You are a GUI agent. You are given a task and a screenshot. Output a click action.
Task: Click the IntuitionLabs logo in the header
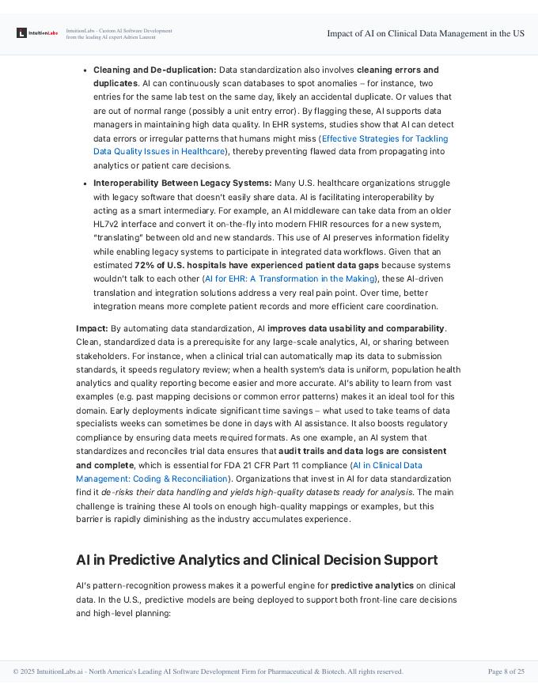tap(37, 33)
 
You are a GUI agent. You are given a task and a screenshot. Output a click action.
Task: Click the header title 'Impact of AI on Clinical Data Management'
tap(425, 33)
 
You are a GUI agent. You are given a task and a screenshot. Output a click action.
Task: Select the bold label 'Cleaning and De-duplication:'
tap(155, 70)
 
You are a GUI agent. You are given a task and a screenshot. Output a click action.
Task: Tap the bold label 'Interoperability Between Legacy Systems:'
tap(182, 183)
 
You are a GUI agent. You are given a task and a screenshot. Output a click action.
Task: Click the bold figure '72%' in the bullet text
tap(144, 265)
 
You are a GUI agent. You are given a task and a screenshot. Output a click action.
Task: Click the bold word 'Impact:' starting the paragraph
tap(92, 328)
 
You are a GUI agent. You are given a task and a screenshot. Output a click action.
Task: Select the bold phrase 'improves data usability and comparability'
tap(356, 328)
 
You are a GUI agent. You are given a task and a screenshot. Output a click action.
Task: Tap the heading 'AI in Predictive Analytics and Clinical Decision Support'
tap(256, 560)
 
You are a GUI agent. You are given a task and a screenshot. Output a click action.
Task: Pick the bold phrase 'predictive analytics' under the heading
tap(372, 585)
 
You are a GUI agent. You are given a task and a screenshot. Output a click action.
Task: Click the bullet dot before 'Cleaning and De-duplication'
tap(85, 70)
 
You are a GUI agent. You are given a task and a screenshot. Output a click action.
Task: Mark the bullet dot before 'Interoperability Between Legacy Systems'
tap(85, 183)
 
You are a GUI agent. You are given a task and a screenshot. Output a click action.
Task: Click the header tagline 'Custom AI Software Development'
tap(131, 30)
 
